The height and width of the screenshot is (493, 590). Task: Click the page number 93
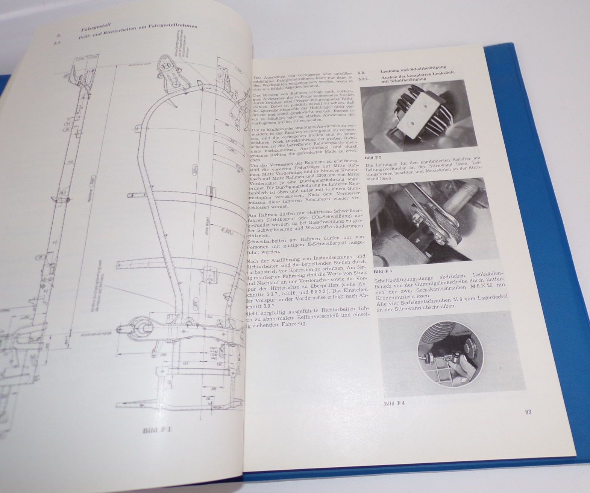tap(527, 412)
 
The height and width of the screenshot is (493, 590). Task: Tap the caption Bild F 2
tap(372, 158)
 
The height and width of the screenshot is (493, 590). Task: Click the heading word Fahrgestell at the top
tap(94, 28)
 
